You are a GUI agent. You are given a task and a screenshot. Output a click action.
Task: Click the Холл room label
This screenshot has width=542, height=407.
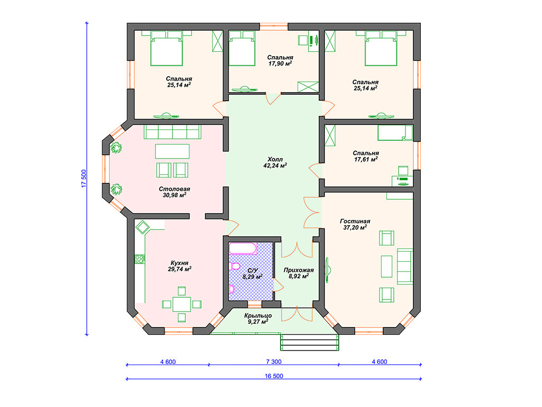tap(275, 159)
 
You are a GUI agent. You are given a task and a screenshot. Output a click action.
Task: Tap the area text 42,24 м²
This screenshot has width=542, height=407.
tap(275, 165)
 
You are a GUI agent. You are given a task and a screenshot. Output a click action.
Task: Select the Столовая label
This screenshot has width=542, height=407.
tap(175, 189)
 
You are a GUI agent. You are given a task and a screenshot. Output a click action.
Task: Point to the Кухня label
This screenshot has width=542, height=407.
tap(179, 263)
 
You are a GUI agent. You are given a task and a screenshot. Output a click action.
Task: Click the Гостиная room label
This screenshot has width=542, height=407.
tap(355, 221)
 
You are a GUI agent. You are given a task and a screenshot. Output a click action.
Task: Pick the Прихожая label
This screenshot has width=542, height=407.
tap(299, 270)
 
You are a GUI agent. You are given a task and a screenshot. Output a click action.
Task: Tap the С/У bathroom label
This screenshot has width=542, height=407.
tap(252, 270)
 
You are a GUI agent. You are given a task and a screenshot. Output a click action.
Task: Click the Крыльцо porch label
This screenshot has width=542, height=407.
tap(258, 316)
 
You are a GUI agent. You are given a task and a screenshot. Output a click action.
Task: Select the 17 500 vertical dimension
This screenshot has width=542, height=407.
tap(84, 179)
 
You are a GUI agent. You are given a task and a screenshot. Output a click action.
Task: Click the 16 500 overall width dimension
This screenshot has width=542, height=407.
tap(274, 376)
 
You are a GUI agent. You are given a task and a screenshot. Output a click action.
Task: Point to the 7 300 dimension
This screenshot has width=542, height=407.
tap(274, 361)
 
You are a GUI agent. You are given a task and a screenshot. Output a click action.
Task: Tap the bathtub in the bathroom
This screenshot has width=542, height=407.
tap(243, 249)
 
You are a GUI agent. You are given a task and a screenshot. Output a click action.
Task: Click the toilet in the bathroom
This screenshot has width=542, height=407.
tap(234, 266)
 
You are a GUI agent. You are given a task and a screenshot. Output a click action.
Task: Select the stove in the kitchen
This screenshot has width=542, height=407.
tap(140, 259)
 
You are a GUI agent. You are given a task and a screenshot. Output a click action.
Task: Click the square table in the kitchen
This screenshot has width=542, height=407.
tap(182, 304)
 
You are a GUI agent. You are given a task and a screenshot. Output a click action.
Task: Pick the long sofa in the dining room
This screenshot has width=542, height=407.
tap(173, 132)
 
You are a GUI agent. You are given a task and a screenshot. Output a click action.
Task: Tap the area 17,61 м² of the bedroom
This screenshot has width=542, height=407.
tap(366, 160)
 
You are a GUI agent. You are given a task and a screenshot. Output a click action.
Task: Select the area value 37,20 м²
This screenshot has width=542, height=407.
tap(355, 227)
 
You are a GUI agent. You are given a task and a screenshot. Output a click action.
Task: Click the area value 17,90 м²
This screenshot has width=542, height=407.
tap(281, 64)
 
